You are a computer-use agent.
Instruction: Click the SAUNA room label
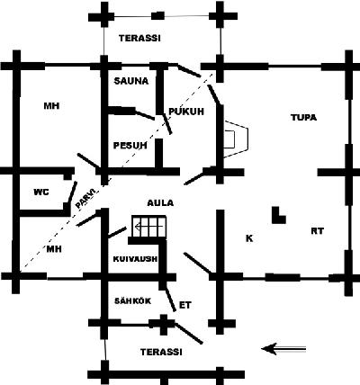click(131, 81)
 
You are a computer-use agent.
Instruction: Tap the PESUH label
click(130, 146)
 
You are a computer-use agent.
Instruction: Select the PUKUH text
click(186, 112)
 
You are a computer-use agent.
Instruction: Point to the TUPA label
click(303, 118)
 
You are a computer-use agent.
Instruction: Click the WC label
click(41, 192)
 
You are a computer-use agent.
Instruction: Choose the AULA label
click(160, 203)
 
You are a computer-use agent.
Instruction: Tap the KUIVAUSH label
click(135, 259)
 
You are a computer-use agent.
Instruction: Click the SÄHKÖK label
click(132, 300)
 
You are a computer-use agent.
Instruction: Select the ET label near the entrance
click(184, 305)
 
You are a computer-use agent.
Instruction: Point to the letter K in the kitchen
click(249, 238)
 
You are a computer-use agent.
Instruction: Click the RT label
click(318, 231)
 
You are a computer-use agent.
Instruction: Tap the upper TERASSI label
click(139, 39)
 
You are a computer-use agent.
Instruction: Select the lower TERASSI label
click(161, 352)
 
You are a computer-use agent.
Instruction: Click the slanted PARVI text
click(86, 199)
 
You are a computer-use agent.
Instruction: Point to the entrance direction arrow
click(283, 349)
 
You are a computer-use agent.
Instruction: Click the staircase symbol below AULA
click(149, 226)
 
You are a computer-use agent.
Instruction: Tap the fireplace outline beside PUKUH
click(236, 139)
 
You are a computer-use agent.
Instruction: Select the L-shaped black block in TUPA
click(279, 215)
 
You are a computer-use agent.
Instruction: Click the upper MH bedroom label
click(51, 106)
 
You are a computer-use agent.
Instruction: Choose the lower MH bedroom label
click(54, 249)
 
